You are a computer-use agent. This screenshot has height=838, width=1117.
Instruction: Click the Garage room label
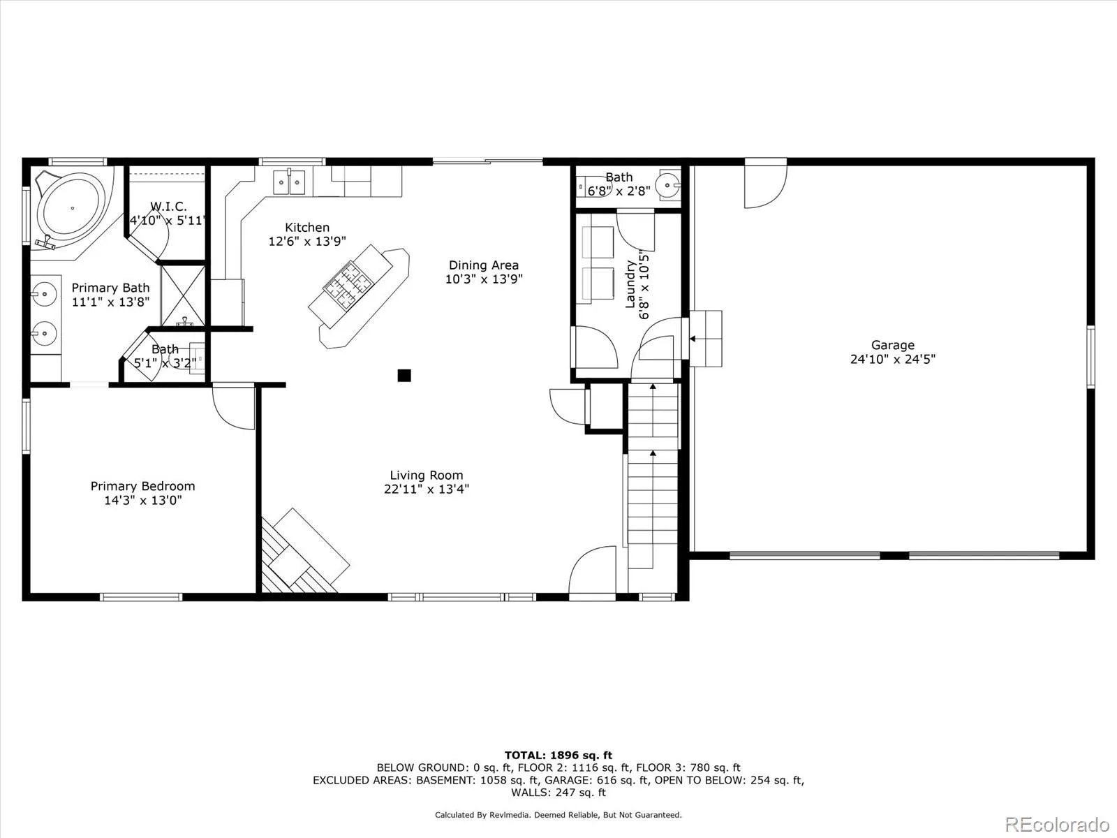click(892, 345)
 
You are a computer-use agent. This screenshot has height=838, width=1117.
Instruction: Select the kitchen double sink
click(290, 182)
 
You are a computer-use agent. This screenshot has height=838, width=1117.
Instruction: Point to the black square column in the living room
click(404, 376)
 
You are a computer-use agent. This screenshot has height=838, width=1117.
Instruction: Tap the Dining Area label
click(483, 265)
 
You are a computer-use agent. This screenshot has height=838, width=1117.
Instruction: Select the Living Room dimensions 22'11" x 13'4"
click(426, 490)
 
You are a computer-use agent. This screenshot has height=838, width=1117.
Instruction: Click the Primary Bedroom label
click(142, 486)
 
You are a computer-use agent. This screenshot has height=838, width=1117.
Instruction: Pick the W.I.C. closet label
click(168, 207)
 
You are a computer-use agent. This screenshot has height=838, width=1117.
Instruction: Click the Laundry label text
click(630, 284)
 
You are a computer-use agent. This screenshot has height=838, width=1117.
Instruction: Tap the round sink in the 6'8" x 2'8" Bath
click(670, 186)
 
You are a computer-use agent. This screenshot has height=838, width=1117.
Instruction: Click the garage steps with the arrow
click(705, 339)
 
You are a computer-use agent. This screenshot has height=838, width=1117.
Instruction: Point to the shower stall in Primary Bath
click(183, 295)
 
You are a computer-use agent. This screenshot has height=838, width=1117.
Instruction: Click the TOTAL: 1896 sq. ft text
click(558, 755)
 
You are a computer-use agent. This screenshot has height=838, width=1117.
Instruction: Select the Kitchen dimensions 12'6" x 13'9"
click(307, 242)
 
